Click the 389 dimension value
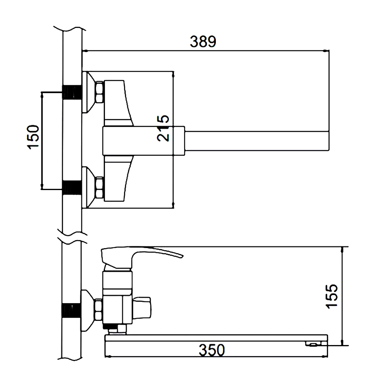pos(203,41)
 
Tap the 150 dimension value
pos(33,137)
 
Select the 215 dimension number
pos(163,128)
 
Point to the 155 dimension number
pos(331,296)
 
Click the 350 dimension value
pos(212,350)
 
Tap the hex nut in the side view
pos(98,310)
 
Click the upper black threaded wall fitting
pos(72,92)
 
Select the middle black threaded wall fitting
pos(72,188)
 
